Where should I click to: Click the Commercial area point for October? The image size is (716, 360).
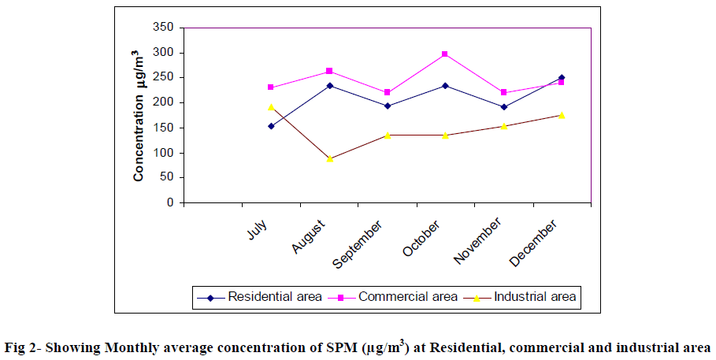[x=445, y=54]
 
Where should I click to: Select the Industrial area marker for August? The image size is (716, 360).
[x=329, y=159]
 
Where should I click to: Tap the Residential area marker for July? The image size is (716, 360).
[x=271, y=126]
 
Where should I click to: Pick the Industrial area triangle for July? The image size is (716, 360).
[x=271, y=107]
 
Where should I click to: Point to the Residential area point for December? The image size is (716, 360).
[x=561, y=77]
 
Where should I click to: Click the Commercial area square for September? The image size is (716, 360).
[x=387, y=93]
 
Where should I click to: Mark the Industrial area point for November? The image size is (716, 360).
[x=503, y=126]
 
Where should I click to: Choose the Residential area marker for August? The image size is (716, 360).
[x=329, y=85]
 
